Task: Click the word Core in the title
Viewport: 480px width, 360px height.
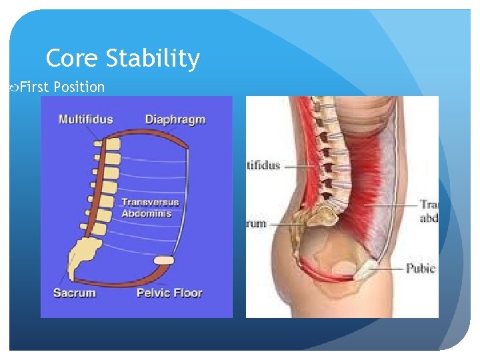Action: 73,59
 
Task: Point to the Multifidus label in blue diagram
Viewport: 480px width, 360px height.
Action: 85,120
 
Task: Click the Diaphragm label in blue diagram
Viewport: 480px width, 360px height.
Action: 175,120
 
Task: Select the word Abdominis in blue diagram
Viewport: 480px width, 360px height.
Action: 146,214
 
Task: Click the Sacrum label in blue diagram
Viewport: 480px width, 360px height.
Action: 75,293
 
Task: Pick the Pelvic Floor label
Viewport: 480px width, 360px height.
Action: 169,293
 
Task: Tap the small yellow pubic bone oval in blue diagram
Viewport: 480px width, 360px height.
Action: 163,260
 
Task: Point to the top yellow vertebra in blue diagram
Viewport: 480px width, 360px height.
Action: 112,143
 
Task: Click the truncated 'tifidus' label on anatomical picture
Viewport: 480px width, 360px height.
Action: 263,165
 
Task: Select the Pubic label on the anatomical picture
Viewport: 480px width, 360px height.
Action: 421,269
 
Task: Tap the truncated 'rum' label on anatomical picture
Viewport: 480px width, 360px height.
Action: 257,224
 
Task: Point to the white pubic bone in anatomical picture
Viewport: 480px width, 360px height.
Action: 368,269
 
